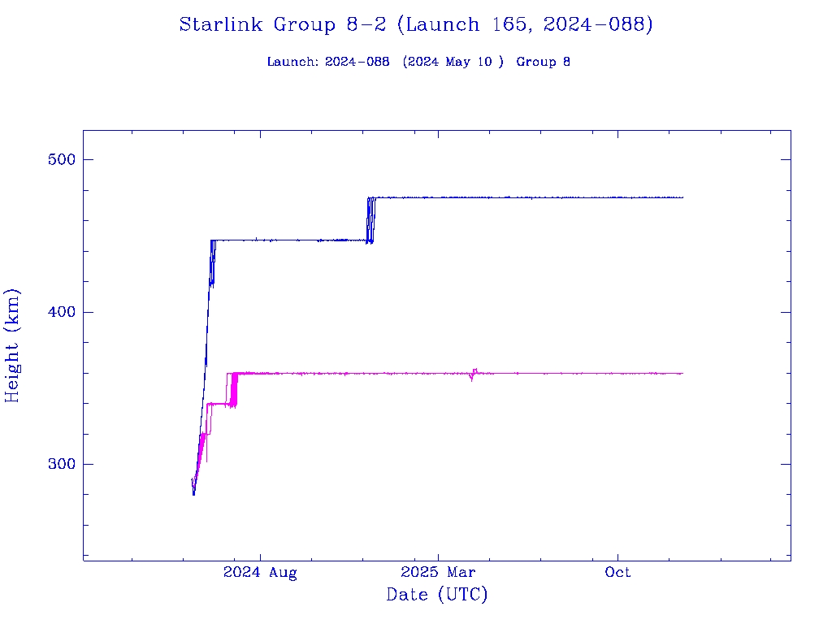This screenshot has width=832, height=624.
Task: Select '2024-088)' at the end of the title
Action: (x=598, y=24)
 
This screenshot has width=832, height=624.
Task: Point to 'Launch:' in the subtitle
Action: (x=292, y=62)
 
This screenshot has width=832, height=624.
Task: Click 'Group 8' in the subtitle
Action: (x=543, y=62)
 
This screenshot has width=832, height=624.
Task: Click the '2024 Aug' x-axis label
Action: (x=260, y=573)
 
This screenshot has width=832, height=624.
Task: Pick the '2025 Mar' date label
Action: (x=438, y=573)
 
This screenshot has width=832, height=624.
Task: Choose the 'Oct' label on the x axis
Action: (x=618, y=573)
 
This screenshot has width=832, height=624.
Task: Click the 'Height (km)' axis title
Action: (x=13, y=345)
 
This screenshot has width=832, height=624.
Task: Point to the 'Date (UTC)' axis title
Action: (x=437, y=595)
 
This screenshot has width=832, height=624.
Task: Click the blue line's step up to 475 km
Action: (x=370, y=219)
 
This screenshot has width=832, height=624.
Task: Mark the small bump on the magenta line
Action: (x=474, y=374)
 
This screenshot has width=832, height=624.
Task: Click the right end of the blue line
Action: (x=682, y=197)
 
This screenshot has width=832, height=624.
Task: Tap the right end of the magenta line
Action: (x=682, y=373)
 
